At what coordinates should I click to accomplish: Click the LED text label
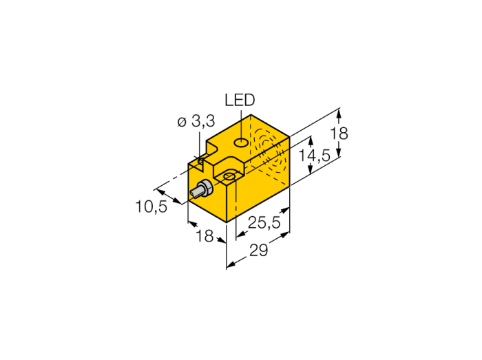[x=240, y=100]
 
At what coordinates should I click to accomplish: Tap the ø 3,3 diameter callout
[x=196, y=122]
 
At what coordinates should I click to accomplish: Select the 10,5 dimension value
[x=151, y=207]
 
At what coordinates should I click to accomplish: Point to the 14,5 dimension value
[x=315, y=156]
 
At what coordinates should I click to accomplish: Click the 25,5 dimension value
[x=264, y=222]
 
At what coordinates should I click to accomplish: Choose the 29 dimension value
[x=258, y=251]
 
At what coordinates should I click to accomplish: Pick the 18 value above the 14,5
[x=339, y=134]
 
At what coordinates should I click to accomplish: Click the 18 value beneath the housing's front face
[x=205, y=236]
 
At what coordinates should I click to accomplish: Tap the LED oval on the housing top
[x=241, y=142]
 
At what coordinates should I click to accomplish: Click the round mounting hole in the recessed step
[x=229, y=176]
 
